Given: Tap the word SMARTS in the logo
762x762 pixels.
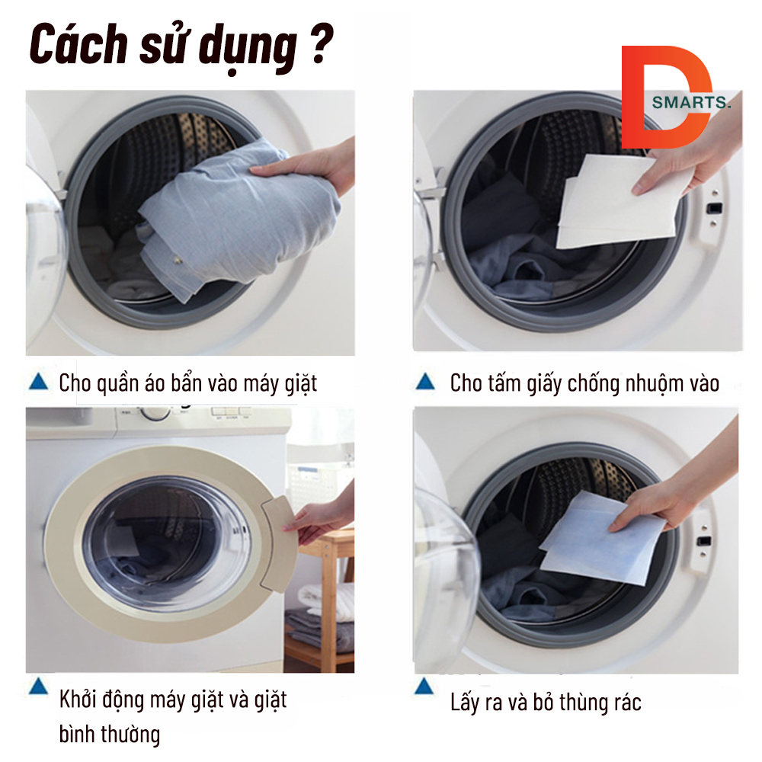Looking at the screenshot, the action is (x=690, y=103).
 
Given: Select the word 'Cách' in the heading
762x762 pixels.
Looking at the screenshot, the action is (x=78, y=45).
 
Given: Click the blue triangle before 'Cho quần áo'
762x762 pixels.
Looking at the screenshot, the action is (x=38, y=382).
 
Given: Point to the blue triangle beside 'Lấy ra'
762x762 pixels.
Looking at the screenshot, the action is (x=424, y=687).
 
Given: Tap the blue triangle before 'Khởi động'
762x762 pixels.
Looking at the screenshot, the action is (x=38, y=687).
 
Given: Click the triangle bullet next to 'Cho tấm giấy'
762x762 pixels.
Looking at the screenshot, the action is (x=425, y=382).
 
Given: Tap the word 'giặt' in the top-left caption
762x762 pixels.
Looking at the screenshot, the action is (x=301, y=384).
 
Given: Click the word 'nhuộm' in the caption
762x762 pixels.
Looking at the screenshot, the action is (x=652, y=383).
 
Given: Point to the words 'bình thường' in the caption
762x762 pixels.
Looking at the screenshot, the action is (x=109, y=734).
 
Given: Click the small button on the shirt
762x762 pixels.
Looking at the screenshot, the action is (x=177, y=261).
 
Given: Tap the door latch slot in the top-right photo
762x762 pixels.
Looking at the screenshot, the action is (x=713, y=209).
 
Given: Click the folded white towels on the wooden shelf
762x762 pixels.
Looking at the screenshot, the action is (x=325, y=600).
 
